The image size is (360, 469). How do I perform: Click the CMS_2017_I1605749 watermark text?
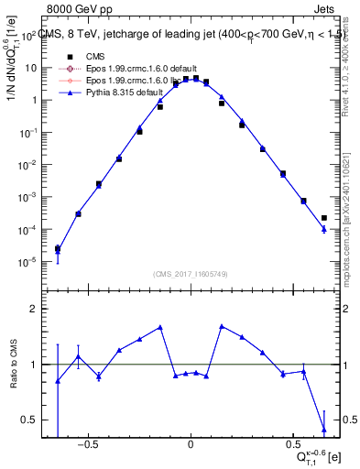point(190,274)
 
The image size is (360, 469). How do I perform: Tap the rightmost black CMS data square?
point(324,218)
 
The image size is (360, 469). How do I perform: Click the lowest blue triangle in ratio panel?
point(324,430)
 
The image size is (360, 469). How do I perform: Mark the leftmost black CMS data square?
point(58,248)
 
